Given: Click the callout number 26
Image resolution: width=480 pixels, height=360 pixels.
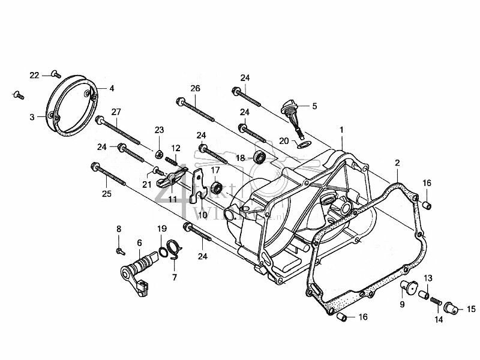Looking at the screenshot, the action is [x=194, y=88].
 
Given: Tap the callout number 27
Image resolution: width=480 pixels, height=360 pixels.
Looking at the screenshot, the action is [x=116, y=112].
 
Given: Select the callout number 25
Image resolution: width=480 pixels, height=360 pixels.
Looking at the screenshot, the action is [x=107, y=193].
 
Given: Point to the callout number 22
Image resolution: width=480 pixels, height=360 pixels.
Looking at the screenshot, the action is [x=34, y=75].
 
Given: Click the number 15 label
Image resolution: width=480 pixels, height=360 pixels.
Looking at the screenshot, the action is [x=471, y=309].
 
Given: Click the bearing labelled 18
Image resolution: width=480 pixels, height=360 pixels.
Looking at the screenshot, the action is [x=260, y=158].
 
